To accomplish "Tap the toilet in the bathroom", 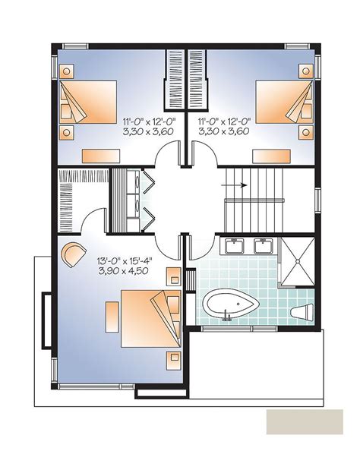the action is coord(302,312).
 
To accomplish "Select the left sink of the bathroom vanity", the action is coord(234,247).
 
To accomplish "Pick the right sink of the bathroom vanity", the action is coord(263,247).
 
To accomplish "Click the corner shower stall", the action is coord(298,261).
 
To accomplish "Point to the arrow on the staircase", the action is coord(234,185).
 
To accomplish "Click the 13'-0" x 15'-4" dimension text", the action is coord(125,261).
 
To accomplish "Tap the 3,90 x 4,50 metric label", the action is coord(124,271).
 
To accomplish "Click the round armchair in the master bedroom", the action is coord(74,254).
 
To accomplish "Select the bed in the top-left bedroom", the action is coord(88,102).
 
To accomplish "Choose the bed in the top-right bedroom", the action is coord(284,102).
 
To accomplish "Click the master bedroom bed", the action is coord(151,319).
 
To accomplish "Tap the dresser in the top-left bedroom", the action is coord(101,156).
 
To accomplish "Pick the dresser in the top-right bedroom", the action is coord(271,156).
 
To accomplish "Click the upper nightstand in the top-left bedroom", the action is coord(67,71).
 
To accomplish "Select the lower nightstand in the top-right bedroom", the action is coord(306,132).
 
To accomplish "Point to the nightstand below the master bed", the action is coord(173,360).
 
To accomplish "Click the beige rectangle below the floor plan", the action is coord(305,421).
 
